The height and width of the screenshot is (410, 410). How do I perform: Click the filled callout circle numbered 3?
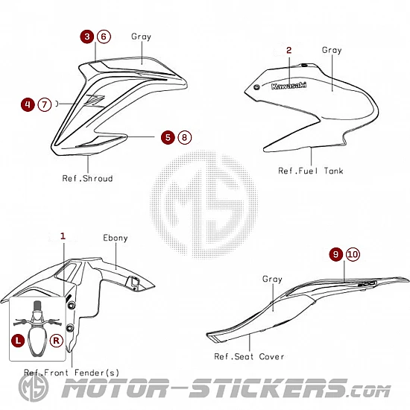87,37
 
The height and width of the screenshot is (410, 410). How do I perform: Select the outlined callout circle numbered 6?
104,37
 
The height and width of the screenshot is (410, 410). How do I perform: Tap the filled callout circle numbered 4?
28,104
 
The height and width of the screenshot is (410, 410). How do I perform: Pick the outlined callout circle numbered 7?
45,104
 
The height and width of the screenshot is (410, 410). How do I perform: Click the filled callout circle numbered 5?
168,137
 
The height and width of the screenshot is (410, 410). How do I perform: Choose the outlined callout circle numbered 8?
185,137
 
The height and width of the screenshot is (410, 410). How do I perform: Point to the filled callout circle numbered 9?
336,254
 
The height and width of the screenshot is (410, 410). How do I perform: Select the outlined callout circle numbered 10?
353,254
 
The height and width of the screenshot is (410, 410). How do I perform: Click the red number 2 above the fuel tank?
288,50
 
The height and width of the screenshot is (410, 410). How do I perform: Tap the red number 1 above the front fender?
63,236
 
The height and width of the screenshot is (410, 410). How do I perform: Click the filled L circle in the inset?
18,341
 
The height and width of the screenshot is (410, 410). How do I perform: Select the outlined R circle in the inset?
56,341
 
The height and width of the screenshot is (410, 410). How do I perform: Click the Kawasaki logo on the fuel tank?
288,86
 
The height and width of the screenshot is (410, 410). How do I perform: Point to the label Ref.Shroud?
87,178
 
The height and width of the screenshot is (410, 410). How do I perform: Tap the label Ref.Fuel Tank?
311,171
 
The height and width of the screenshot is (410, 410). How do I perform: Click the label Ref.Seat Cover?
249,356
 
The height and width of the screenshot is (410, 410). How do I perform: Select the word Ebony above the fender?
116,238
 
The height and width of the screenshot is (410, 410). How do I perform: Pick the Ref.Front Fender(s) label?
72,372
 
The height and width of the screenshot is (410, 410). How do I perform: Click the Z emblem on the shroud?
94,101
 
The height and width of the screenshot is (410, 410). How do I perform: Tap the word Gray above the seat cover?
272,280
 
